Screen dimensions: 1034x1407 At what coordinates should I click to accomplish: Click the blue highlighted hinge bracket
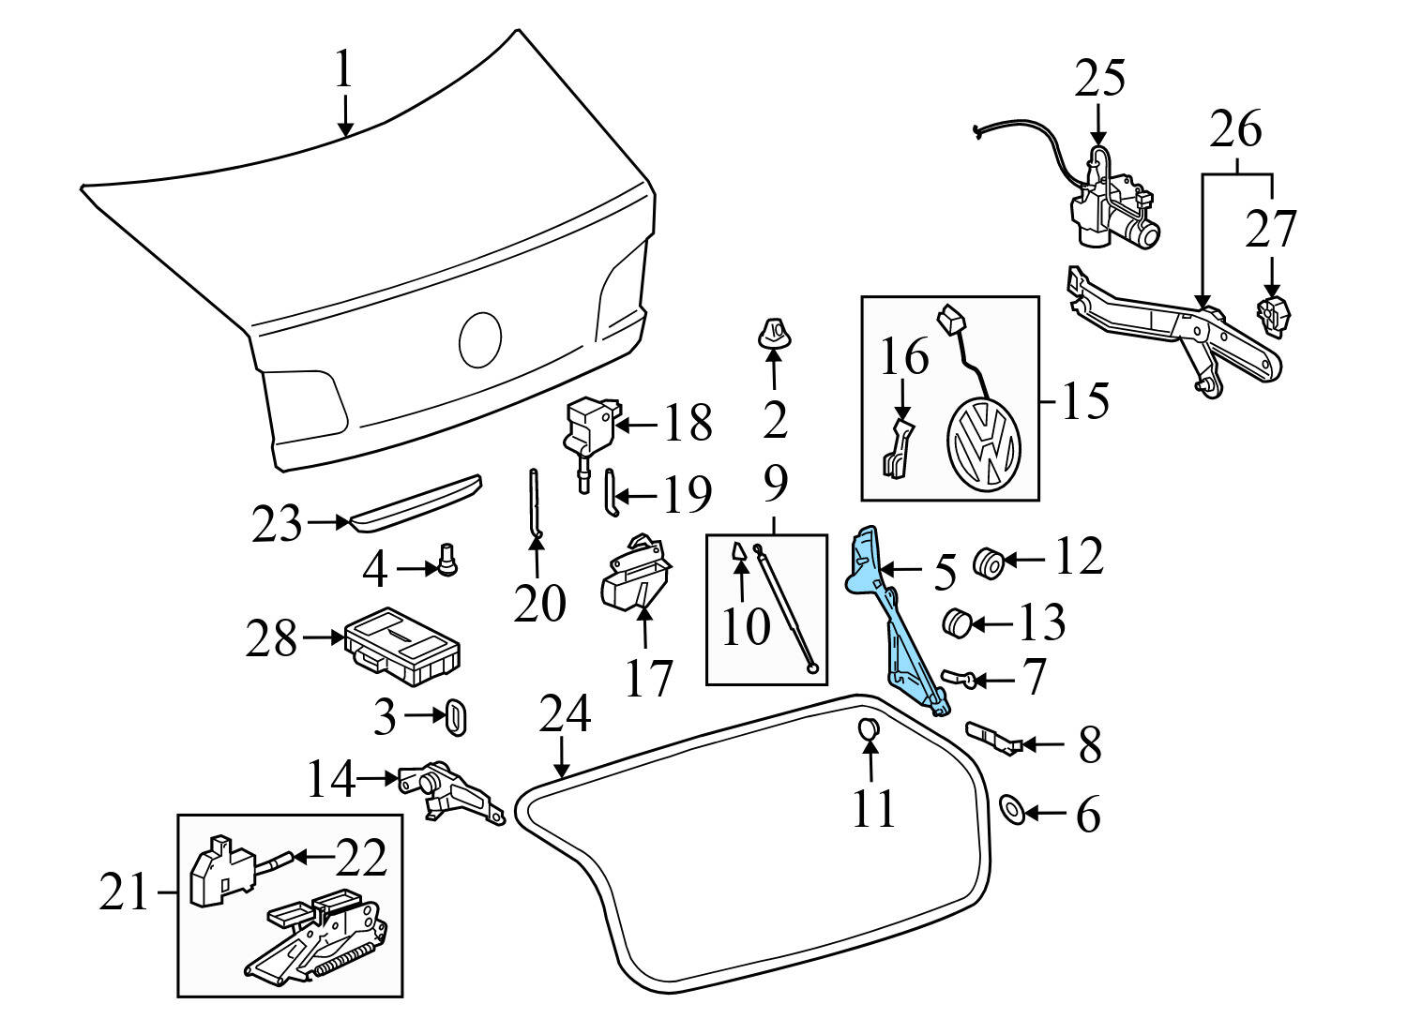891,623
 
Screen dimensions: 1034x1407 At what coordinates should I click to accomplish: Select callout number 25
1099,79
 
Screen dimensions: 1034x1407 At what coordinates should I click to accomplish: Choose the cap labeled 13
955,622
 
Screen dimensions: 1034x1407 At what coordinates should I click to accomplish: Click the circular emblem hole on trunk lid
480,339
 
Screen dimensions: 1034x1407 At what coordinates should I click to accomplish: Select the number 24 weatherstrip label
565,714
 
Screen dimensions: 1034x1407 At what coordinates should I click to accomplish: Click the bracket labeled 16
897,449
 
